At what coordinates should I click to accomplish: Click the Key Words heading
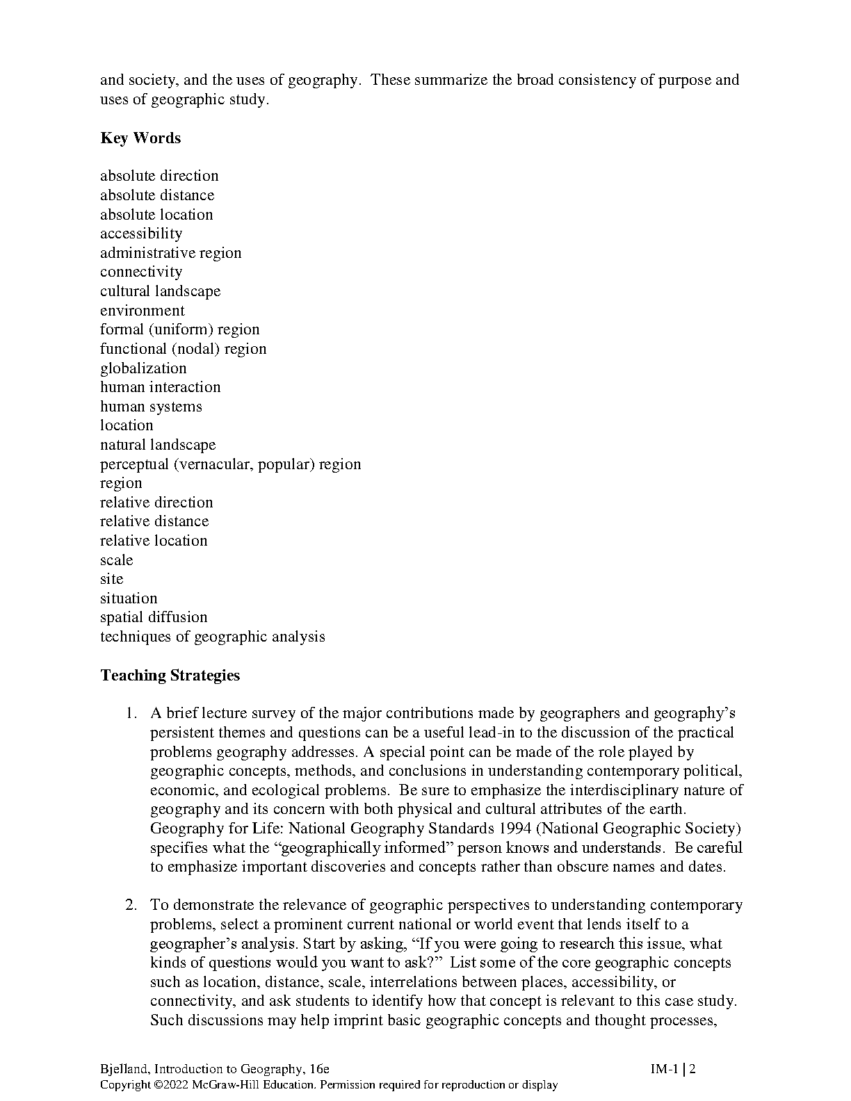pos(140,138)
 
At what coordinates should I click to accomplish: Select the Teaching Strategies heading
pos(170,675)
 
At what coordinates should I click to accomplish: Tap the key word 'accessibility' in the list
pos(141,234)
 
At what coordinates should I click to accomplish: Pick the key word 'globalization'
pos(143,368)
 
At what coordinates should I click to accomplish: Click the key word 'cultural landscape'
pos(160,291)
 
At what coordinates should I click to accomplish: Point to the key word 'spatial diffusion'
pos(154,617)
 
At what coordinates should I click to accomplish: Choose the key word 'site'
pos(111,579)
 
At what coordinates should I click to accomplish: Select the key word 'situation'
pos(129,598)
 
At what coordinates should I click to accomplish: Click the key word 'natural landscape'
pos(158,445)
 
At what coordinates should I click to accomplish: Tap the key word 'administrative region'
pos(170,253)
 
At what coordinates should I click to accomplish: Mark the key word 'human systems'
pos(151,407)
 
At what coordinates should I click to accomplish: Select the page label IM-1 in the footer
pos(664,1069)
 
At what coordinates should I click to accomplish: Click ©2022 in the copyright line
pos(171,1084)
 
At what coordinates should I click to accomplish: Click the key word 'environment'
pos(143,311)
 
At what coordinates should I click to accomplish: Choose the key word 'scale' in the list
pos(116,560)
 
